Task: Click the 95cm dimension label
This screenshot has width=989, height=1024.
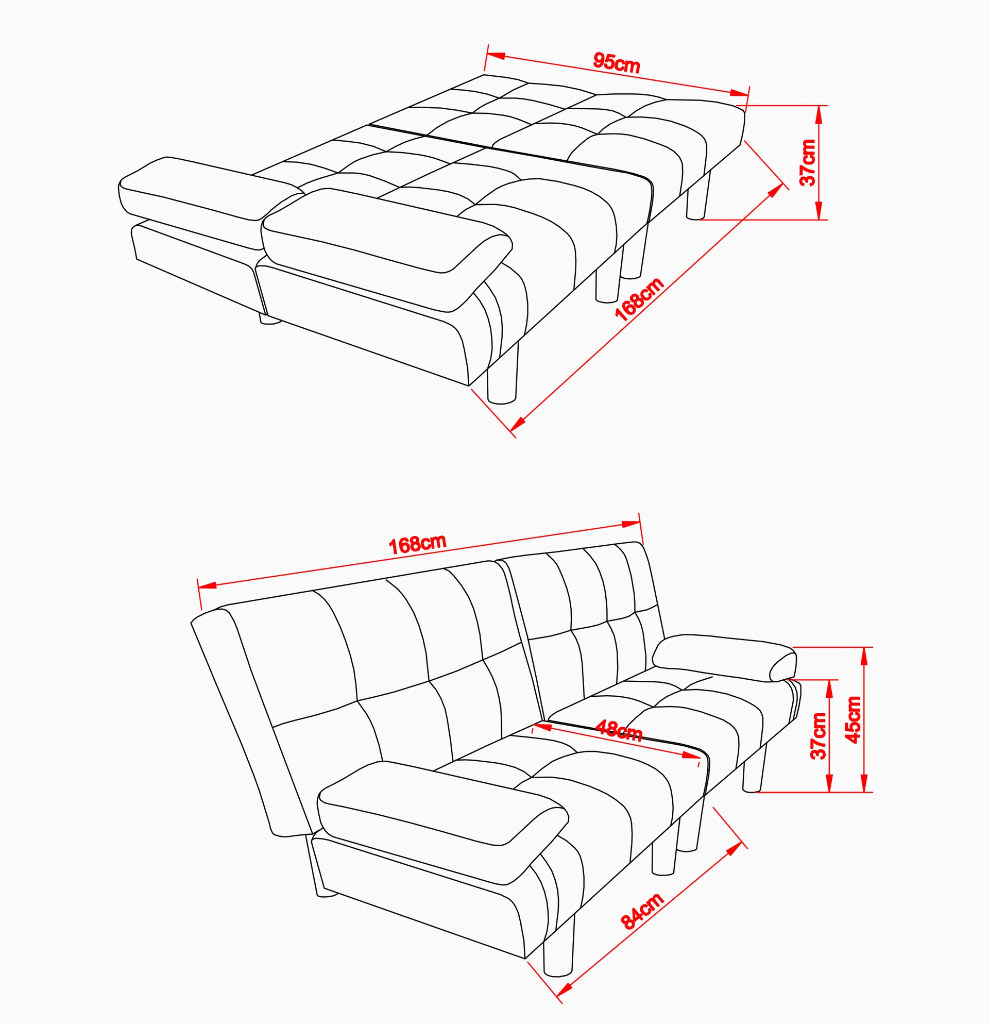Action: (616, 63)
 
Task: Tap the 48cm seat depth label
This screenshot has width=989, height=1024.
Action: (619, 730)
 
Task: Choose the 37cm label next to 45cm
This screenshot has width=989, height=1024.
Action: (819, 735)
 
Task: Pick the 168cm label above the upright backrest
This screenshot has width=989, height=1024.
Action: (417, 544)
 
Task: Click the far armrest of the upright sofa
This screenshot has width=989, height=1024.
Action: (723, 657)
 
